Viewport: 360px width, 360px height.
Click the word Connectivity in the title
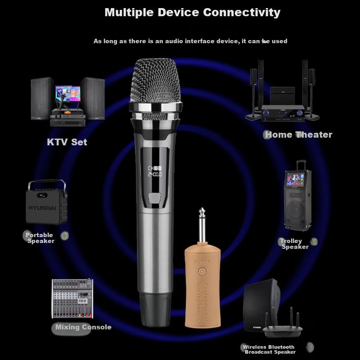[242, 13]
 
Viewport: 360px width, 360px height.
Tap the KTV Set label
[67, 142]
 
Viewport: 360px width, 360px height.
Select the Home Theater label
[298, 135]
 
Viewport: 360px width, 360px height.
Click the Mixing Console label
[83, 327]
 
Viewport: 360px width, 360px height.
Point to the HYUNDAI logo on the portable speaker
[42, 208]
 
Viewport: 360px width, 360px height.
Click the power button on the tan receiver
[202, 271]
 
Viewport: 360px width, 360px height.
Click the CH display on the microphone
[154, 171]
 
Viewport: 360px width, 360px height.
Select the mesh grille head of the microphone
[155, 81]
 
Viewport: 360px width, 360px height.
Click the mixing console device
[72, 298]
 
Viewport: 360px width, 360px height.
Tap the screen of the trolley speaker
[295, 179]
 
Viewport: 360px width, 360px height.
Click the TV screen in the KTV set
[68, 94]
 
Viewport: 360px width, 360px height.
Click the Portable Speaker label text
[40, 238]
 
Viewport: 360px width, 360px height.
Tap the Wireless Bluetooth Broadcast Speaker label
[269, 349]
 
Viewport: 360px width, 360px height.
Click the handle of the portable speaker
[47, 183]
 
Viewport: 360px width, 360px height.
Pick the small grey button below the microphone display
[154, 198]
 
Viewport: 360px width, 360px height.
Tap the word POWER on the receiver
[202, 262]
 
